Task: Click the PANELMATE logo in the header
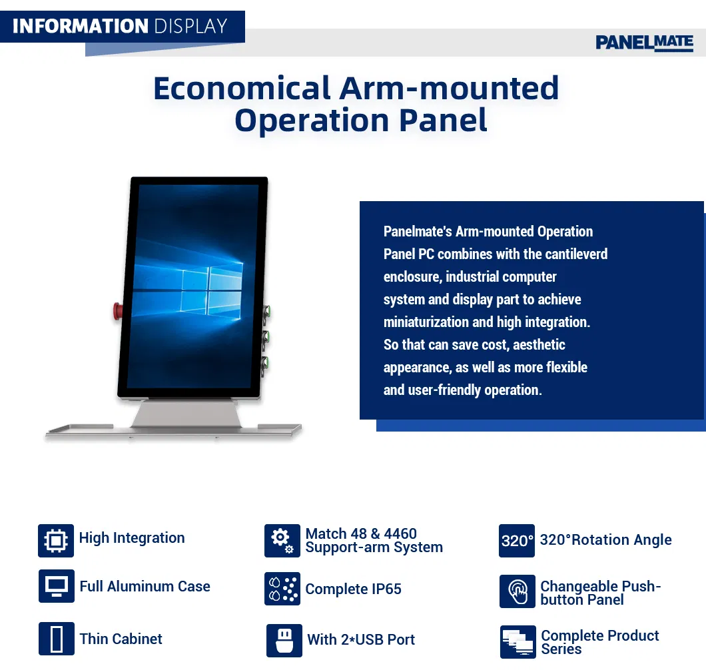click(x=644, y=43)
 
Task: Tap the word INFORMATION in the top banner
click(x=80, y=26)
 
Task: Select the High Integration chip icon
click(x=56, y=540)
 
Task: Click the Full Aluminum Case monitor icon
click(x=56, y=587)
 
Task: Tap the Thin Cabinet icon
click(x=56, y=639)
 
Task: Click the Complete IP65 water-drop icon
click(x=282, y=589)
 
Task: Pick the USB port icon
click(x=284, y=640)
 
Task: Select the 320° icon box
click(x=517, y=540)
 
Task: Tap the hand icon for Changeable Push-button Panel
click(x=517, y=591)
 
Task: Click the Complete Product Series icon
click(x=518, y=642)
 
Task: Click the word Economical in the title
click(x=242, y=88)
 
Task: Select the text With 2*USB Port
click(x=361, y=640)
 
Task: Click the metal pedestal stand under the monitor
click(x=180, y=414)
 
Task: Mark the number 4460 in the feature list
click(x=400, y=534)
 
